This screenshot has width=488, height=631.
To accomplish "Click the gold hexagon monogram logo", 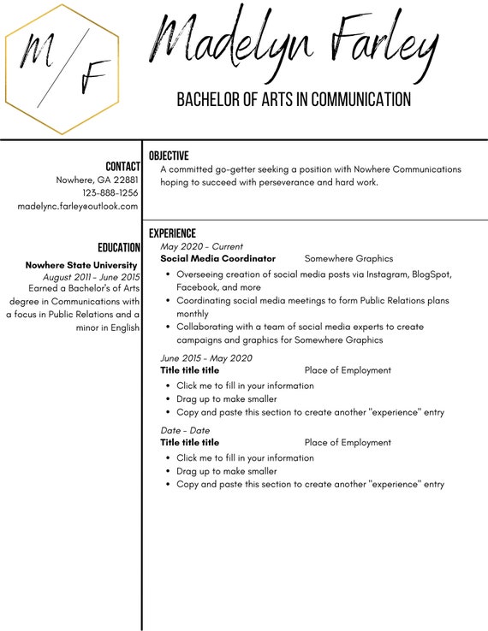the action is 62,69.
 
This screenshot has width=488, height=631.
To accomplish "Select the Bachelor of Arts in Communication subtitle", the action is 293,100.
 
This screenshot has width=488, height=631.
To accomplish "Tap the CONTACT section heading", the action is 122,166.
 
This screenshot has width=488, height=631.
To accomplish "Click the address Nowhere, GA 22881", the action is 97,180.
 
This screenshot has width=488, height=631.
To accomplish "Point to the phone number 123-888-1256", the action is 110,192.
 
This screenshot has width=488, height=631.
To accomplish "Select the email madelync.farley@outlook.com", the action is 78,206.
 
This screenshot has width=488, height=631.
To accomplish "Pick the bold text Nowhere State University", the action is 81,265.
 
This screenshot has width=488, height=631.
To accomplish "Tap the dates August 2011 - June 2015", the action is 91,277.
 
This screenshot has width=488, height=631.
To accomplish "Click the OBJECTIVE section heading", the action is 169,156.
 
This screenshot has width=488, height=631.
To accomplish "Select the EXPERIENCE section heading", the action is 172,233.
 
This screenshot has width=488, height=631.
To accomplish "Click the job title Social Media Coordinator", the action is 218,258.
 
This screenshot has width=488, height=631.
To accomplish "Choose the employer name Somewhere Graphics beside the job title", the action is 348,258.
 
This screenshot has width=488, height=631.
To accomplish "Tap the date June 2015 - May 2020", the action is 206,358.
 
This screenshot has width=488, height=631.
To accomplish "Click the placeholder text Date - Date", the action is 185,430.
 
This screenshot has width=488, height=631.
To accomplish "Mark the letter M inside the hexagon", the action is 37,50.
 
